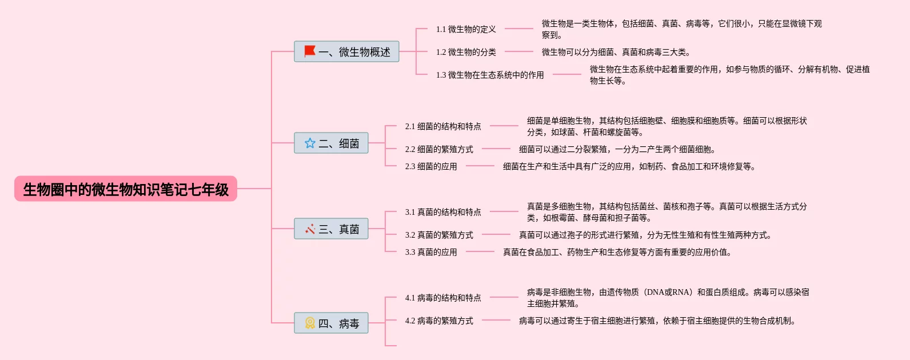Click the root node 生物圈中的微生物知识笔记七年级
click(x=126, y=189)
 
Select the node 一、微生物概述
click(x=346, y=52)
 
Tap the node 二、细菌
click(x=331, y=143)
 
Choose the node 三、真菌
click(x=331, y=229)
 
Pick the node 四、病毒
click(x=331, y=323)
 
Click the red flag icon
click(x=310, y=51)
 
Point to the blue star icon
click(x=310, y=143)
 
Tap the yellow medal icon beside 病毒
click(x=310, y=323)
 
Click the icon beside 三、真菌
click(x=310, y=229)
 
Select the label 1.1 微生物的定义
click(x=466, y=29)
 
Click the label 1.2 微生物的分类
click(x=466, y=52)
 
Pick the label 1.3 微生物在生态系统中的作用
click(x=490, y=75)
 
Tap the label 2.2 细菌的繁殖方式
click(x=439, y=149)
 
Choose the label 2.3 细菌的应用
click(x=431, y=166)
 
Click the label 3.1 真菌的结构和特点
click(x=443, y=212)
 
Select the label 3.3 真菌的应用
click(x=431, y=252)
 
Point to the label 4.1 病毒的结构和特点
click(x=443, y=298)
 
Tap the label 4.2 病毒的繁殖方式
click(x=439, y=321)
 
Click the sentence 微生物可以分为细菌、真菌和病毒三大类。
click(x=616, y=52)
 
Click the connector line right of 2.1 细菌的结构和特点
click(x=504, y=126)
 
